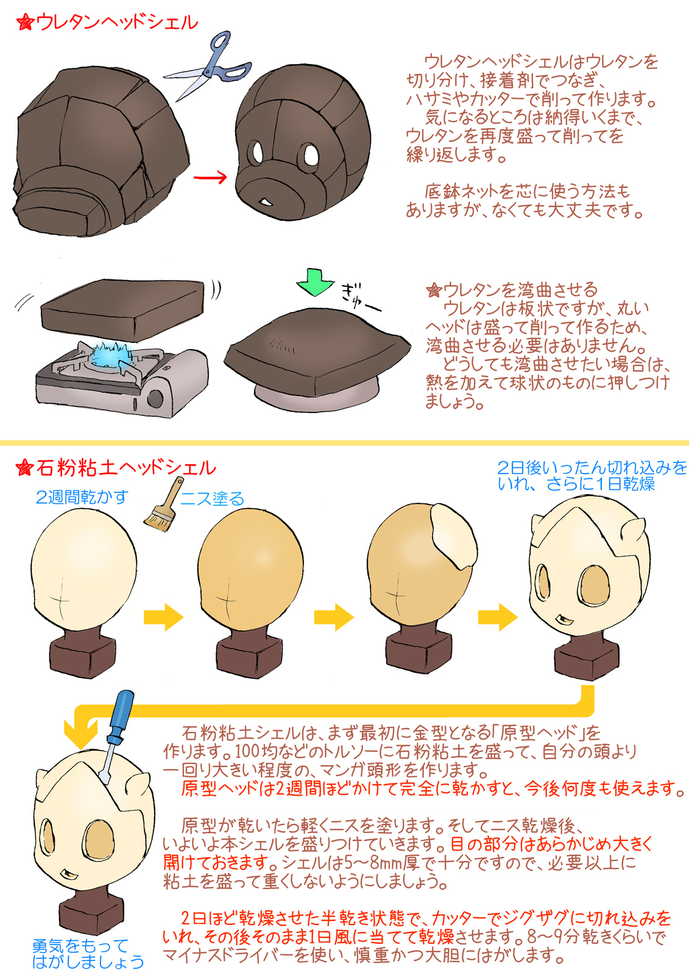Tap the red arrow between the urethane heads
(x=210, y=177)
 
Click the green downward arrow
(x=315, y=283)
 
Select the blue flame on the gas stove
(x=109, y=352)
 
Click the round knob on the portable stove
(x=155, y=398)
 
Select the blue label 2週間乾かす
(x=82, y=497)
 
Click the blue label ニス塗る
(x=213, y=499)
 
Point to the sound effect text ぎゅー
(x=360, y=297)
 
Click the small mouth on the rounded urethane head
(x=265, y=202)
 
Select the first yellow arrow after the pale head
(x=164, y=617)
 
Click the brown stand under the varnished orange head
(x=249, y=653)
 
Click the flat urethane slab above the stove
(x=122, y=310)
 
